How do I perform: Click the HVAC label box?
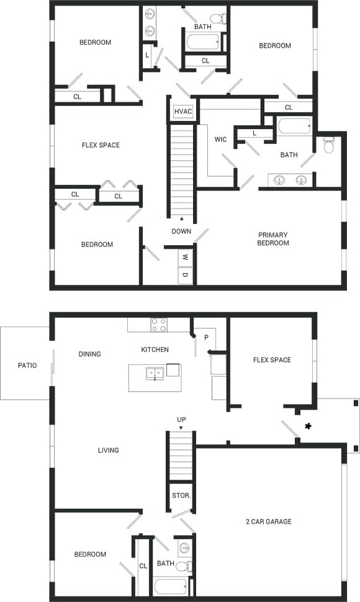(x=183, y=111)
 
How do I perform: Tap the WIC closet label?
(x=220, y=140)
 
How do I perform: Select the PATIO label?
(x=27, y=366)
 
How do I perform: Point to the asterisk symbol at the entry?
(x=308, y=425)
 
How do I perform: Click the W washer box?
(x=186, y=257)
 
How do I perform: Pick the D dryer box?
(x=186, y=274)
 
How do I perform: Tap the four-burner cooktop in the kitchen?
(x=159, y=324)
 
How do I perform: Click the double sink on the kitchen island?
(x=155, y=373)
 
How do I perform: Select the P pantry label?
(x=205, y=337)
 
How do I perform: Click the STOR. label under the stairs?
(x=181, y=478)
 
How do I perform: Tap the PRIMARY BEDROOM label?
(x=274, y=239)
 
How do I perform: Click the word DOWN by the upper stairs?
(x=181, y=231)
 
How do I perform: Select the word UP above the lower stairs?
(x=181, y=420)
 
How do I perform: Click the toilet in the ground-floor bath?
(x=184, y=566)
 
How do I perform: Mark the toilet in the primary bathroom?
(x=330, y=146)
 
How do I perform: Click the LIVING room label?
(x=108, y=451)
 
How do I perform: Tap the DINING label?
(x=89, y=354)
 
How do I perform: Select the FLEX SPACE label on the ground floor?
(x=272, y=360)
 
